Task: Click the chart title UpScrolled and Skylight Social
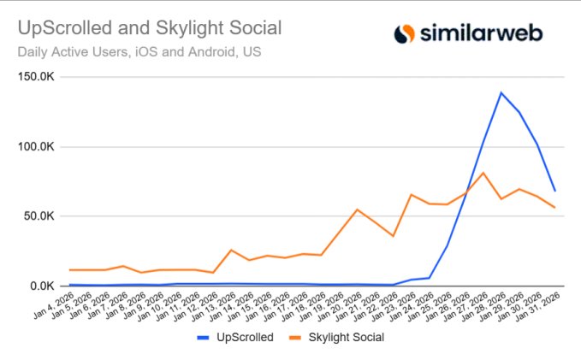[150, 28]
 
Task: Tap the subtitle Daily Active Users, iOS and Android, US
[139, 51]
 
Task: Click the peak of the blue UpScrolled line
[501, 92]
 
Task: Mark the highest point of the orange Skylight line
[483, 173]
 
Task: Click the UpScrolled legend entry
[244, 337]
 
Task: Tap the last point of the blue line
[554, 190]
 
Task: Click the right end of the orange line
[554, 208]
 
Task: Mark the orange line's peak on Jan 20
[358, 210]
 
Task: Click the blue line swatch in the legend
[205, 337]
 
